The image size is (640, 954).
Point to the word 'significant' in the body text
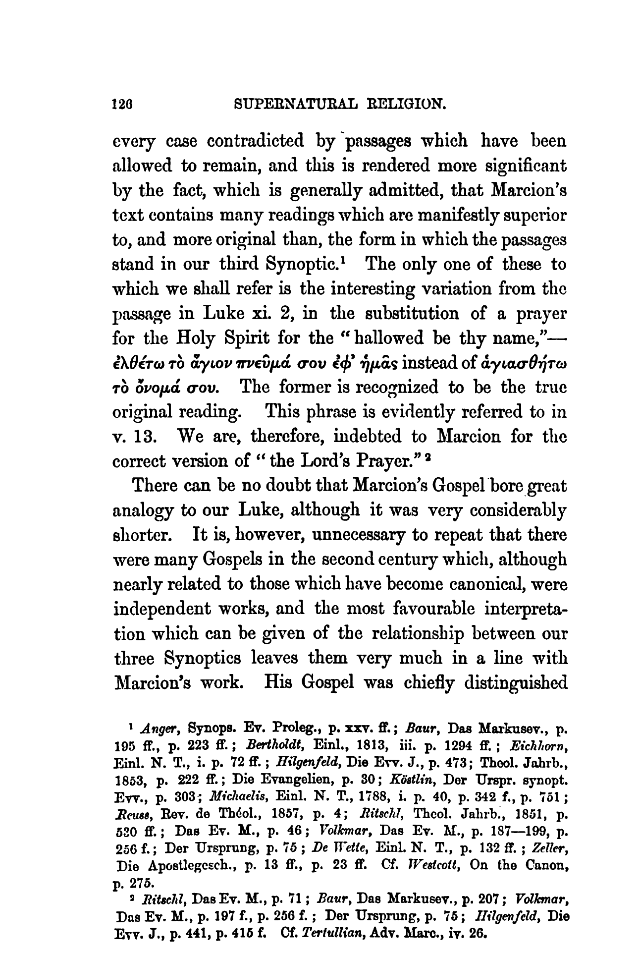pos(517,167)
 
